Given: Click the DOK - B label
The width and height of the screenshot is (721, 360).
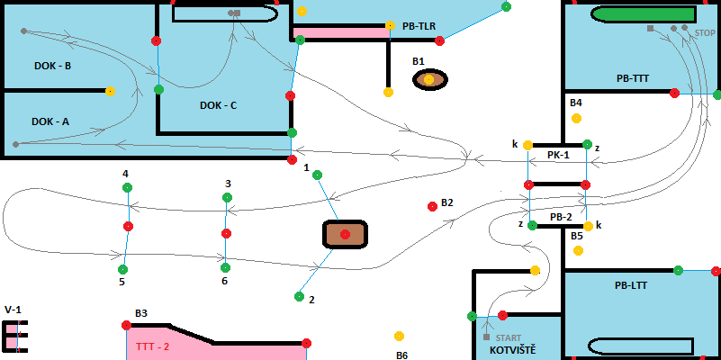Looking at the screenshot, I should pos(52,66).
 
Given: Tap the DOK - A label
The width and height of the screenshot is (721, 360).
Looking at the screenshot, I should pos(50,121).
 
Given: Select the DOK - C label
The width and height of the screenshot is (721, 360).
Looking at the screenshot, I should pos(218,105).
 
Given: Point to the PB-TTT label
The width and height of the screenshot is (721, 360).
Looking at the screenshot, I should pos(632,78).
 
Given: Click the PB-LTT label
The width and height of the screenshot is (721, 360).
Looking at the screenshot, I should pos(633,285).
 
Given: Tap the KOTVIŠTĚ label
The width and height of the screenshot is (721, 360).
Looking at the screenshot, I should pos(512,349).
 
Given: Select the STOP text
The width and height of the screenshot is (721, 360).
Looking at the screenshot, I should pos(705,32).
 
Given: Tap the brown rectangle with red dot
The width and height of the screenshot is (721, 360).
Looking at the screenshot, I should pos(345,234).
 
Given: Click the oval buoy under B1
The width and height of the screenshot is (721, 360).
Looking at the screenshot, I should pos(429,80).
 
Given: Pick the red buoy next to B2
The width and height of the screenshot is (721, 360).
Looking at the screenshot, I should pos(432,206).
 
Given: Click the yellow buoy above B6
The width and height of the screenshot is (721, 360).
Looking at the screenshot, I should pos(399,336).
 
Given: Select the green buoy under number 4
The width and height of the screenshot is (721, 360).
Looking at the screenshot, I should pos(127,187).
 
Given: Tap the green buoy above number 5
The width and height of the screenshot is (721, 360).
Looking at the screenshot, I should pos(122,268).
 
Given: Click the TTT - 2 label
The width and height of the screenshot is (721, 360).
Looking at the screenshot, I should pos(153,346).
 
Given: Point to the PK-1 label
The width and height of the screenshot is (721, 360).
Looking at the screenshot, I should pos(558,155).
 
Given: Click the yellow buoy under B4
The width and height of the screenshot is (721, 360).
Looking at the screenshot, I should pos(576,118).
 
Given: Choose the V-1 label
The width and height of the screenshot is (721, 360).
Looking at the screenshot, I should pos(13,310).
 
